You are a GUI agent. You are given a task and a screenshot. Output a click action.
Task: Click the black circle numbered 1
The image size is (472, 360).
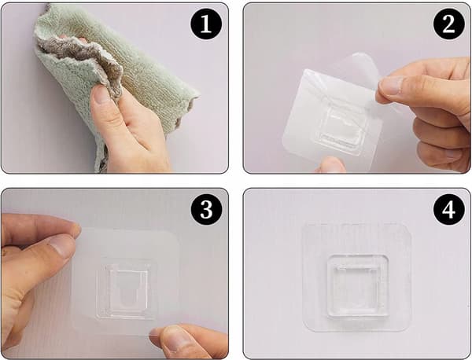[x=206, y=24]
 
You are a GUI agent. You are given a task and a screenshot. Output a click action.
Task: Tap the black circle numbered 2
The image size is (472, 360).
[x=448, y=24]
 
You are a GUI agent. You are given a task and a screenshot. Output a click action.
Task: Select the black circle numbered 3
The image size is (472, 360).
[x=206, y=209]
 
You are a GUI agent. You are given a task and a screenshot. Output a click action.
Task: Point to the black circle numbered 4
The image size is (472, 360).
[x=448, y=209]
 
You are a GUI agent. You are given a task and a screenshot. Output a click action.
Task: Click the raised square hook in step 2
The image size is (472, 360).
[x=342, y=130]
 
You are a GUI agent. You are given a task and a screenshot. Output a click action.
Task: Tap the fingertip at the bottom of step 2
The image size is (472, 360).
[x=332, y=164]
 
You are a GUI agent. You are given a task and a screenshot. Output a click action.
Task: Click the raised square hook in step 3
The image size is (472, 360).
[x=127, y=288]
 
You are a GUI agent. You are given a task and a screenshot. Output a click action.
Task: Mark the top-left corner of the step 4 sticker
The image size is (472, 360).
[x=304, y=224]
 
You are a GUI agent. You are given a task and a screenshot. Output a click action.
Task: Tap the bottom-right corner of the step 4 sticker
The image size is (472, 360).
[x=411, y=331]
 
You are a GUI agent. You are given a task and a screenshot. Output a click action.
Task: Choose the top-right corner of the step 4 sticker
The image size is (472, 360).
[x=411, y=224]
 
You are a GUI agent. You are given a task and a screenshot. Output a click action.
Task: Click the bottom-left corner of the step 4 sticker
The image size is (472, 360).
[x=304, y=331]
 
